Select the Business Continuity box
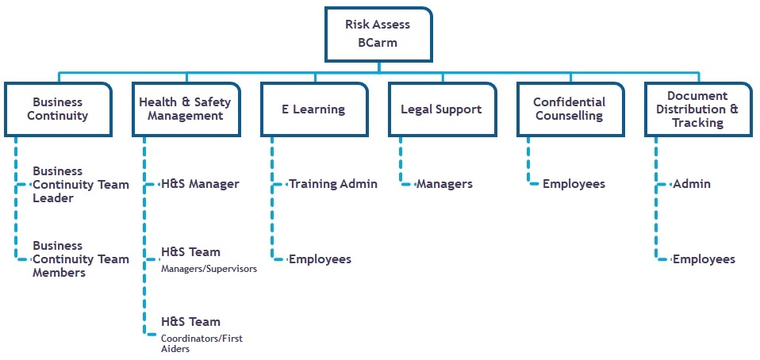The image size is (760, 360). click(57, 109)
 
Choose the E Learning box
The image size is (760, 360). click(314, 109)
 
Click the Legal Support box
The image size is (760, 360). click(441, 109)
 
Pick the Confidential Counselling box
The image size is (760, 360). click(570, 109)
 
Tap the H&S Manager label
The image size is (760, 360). click(200, 184)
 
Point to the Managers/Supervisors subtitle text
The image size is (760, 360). click(209, 270)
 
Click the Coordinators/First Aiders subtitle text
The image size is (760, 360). click(202, 343)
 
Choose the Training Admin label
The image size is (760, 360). click(332, 184)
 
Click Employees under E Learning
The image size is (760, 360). click(320, 259)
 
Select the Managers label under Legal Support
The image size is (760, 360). click(444, 184)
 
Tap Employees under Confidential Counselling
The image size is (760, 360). click(574, 184)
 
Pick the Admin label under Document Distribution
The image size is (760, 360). click(692, 184)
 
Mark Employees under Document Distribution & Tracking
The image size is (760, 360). click(704, 259)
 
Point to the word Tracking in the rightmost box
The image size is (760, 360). click(698, 123)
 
